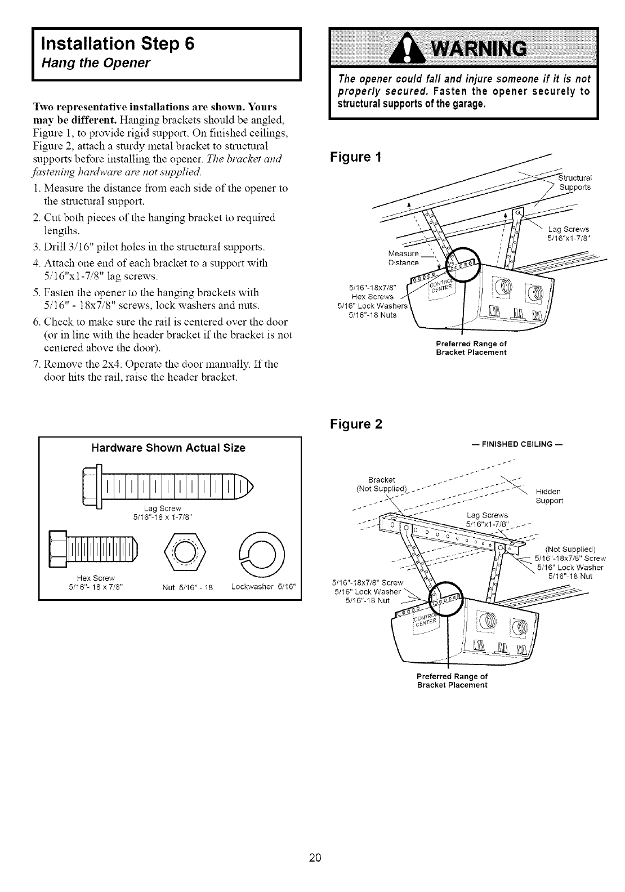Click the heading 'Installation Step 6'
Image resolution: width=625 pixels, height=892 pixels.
pyautogui.click(x=117, y=44)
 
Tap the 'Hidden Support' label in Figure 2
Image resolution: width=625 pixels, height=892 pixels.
pyautogui.click(x=548, y=496)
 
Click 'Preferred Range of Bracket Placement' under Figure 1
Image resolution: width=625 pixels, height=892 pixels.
pyautogui.click(x=472, y=348)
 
